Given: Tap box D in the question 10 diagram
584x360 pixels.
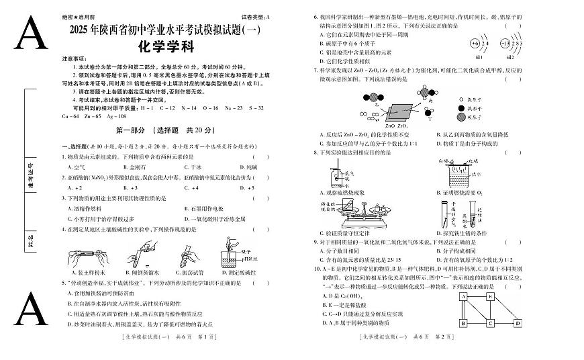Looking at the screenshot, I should click(517, 323).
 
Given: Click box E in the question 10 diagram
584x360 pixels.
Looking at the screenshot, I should click(490, 296).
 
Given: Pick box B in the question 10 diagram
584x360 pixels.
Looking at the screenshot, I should click(463, 323).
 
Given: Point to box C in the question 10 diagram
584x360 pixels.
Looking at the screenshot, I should click(490, 323).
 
